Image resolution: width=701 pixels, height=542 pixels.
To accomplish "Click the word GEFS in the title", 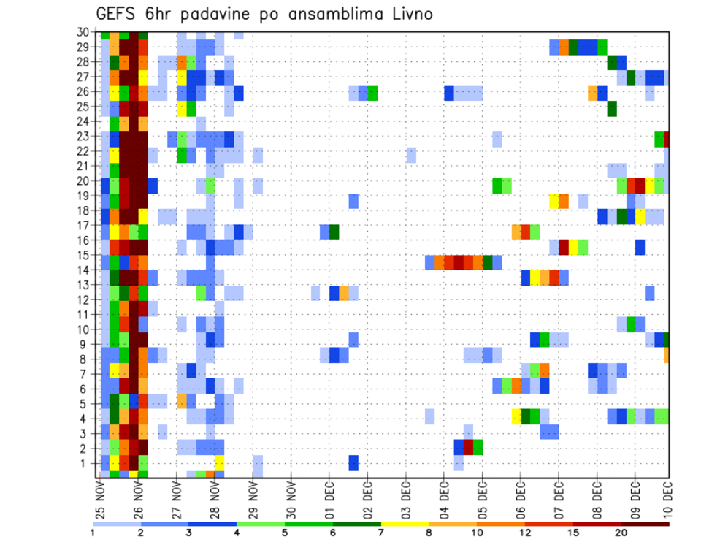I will click(119, 14).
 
